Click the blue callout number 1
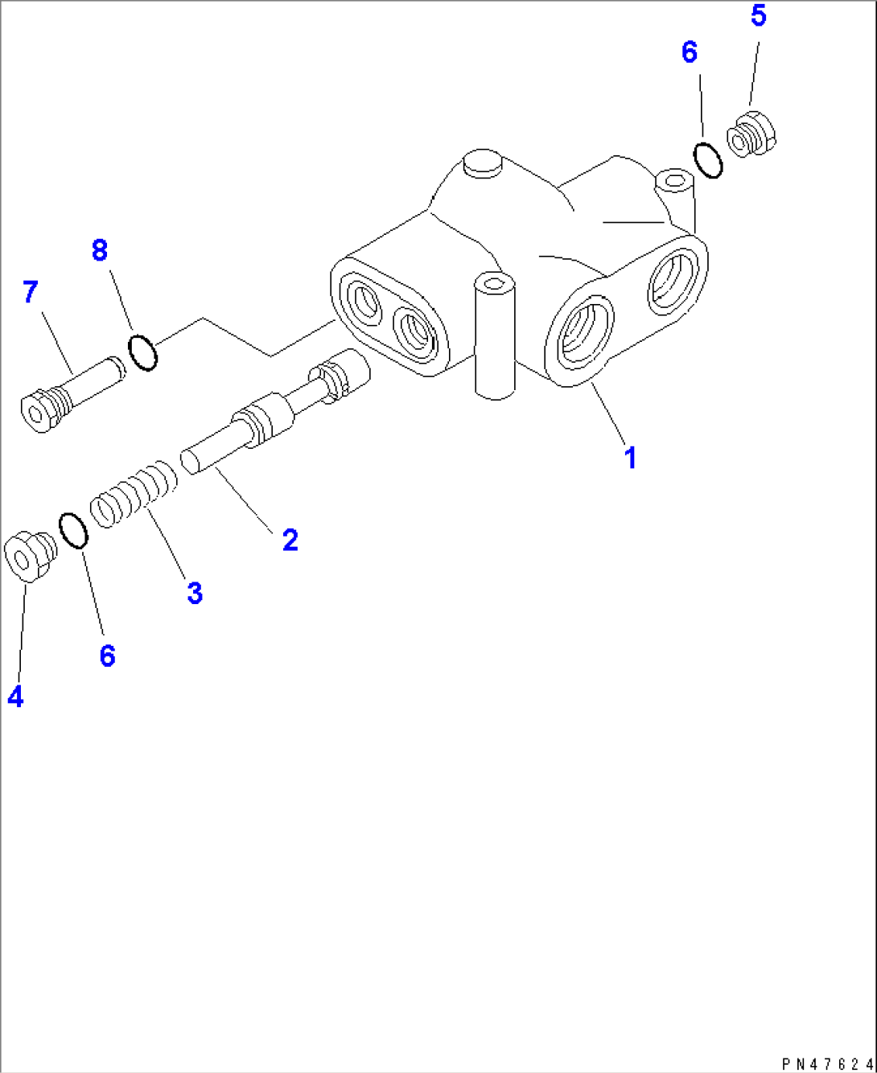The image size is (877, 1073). click(x=630, y=458)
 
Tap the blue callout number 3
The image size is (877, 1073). click(x=195, y=593)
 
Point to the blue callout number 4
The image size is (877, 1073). click(x=16, y=696)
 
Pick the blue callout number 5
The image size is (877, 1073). click(x=759, y=15)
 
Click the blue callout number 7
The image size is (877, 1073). click(x=31, y=291)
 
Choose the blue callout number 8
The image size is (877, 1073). click(x=100, y=250)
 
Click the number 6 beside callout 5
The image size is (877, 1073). click(x=690, y=52)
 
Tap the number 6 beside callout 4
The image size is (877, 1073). click(x=107, y=656)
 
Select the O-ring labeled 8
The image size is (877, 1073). click(x=142, y=352)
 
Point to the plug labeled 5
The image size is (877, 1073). click(x=751, y=134)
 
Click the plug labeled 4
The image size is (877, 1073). click(x=31, y=557)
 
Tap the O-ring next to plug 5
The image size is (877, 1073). click(x=708, y=160)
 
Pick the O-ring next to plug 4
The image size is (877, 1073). click(x=74, y=531)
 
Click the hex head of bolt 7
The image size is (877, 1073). click(x=39, y=411)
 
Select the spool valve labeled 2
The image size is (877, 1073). click(x=275, y=412)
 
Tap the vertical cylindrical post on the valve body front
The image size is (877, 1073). click(x=494, y=335)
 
